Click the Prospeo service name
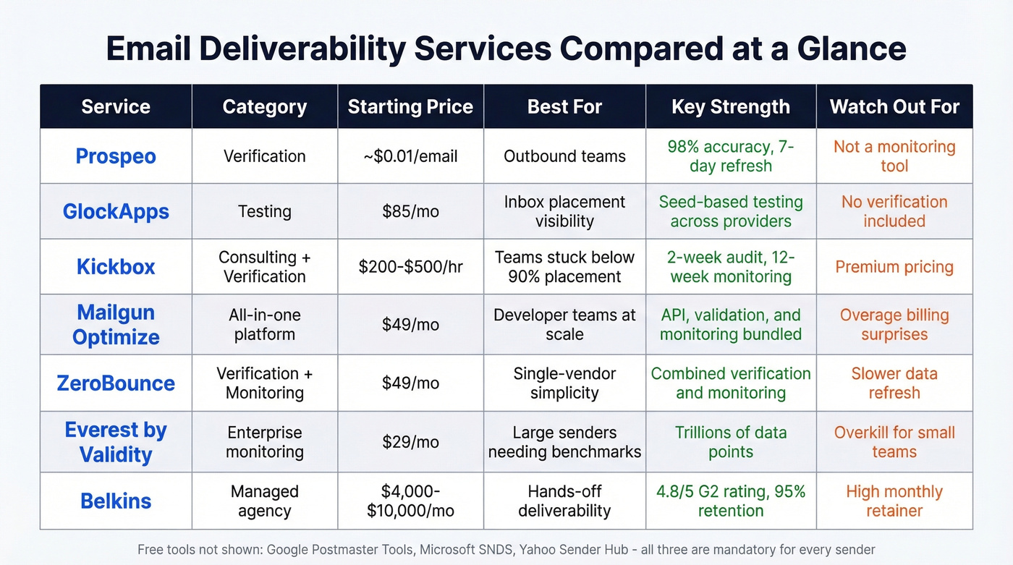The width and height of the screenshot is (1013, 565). tap(116, 156)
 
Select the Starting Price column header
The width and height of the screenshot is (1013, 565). tap(410, 107)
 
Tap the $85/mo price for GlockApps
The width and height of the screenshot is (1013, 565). tap(410, 211)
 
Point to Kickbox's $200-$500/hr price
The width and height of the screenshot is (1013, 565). tap(410, 267)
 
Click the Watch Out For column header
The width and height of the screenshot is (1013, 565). tap(894, 107)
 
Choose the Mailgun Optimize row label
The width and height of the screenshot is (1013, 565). tap(116, 325)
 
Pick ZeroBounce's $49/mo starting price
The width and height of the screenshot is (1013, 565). tap(410, 383)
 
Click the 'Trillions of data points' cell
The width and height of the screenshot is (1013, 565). tap(731, 442)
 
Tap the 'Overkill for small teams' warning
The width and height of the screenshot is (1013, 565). tap(894, 442)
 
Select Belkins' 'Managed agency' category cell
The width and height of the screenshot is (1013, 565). tap(265, 501)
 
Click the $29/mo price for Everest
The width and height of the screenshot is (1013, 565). tap(410, 442)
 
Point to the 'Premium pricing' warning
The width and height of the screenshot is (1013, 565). tap(894, 267)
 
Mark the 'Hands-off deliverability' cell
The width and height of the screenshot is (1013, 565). tap(564, 501)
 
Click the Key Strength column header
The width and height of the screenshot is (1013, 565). tap(731, 107)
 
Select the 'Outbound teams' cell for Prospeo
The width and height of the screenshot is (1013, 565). tap(564, 156)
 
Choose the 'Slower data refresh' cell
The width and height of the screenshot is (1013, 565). tap(894, 383)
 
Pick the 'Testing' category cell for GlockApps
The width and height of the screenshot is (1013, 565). tap(265, 211)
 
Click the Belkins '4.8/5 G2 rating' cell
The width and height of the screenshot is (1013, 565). tap(731, 501)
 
